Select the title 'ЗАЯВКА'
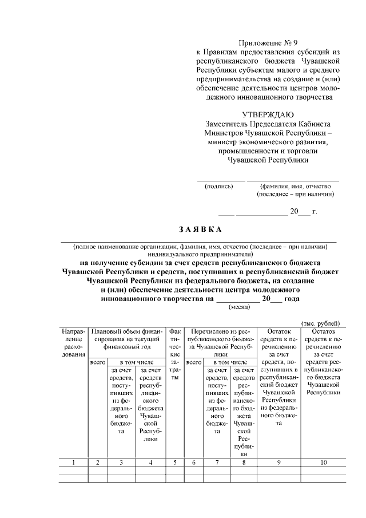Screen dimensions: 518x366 coord(200,230)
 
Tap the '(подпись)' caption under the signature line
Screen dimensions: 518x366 coord(215,185)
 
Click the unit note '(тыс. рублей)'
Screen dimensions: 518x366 coord(320,323)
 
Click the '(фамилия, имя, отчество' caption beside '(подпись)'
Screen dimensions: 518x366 coord(292,185)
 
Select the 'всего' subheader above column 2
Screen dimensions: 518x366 coord(98,362)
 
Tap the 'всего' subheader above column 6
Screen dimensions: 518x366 coord(193,362)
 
